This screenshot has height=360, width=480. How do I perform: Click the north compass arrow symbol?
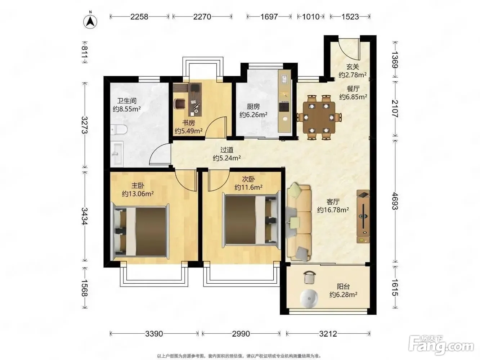tap(90, 22)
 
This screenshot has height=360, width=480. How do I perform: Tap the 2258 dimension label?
tap(139, 17)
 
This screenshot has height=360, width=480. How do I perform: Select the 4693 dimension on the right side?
tap(395, 201)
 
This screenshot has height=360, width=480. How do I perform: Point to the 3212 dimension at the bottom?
tap(328, 334)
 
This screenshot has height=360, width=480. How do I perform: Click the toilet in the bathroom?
tap(118, 130)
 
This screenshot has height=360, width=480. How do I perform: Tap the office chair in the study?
tap(180, 103)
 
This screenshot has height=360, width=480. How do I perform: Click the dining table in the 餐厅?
tap(319, 117)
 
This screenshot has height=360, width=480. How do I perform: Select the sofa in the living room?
tap(299, 223)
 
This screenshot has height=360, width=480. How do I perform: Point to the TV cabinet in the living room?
tap(363, 216)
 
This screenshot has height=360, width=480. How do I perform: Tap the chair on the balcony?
tap(310, 277)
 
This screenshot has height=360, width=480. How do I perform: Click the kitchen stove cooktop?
tap(284, 107)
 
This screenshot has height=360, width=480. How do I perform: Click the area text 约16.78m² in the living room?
tap(333, 210)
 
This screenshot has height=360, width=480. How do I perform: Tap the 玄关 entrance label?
tap(353, 67)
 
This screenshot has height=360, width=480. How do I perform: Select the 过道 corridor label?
tap(227, 150)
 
